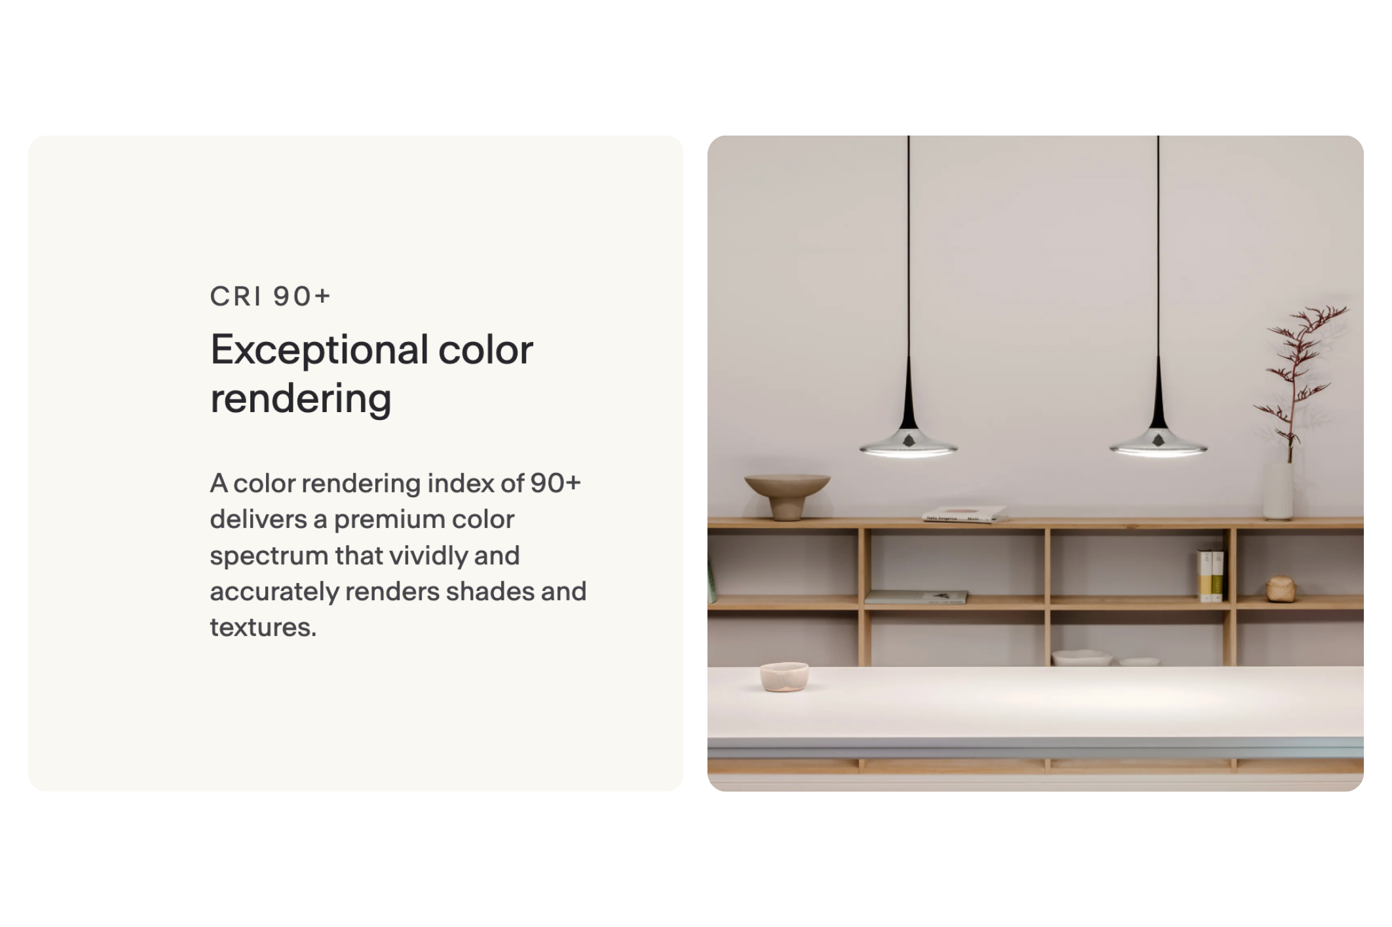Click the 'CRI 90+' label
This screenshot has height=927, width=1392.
pos(270,296)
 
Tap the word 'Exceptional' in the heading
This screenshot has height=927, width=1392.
pos(319,351)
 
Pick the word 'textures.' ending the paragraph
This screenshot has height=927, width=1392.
pos(263,628)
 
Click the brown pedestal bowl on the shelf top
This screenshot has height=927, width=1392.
pos(787,496)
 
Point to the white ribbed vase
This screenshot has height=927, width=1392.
pos(1279,491)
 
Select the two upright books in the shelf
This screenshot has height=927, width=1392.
pos(1211,575)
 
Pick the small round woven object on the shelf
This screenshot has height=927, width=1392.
pos(1281,588)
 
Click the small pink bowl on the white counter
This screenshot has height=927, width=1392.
pos(784,677)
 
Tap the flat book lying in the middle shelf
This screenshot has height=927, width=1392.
pos(915,597)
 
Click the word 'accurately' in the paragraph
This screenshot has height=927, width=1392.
pos(274,592)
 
